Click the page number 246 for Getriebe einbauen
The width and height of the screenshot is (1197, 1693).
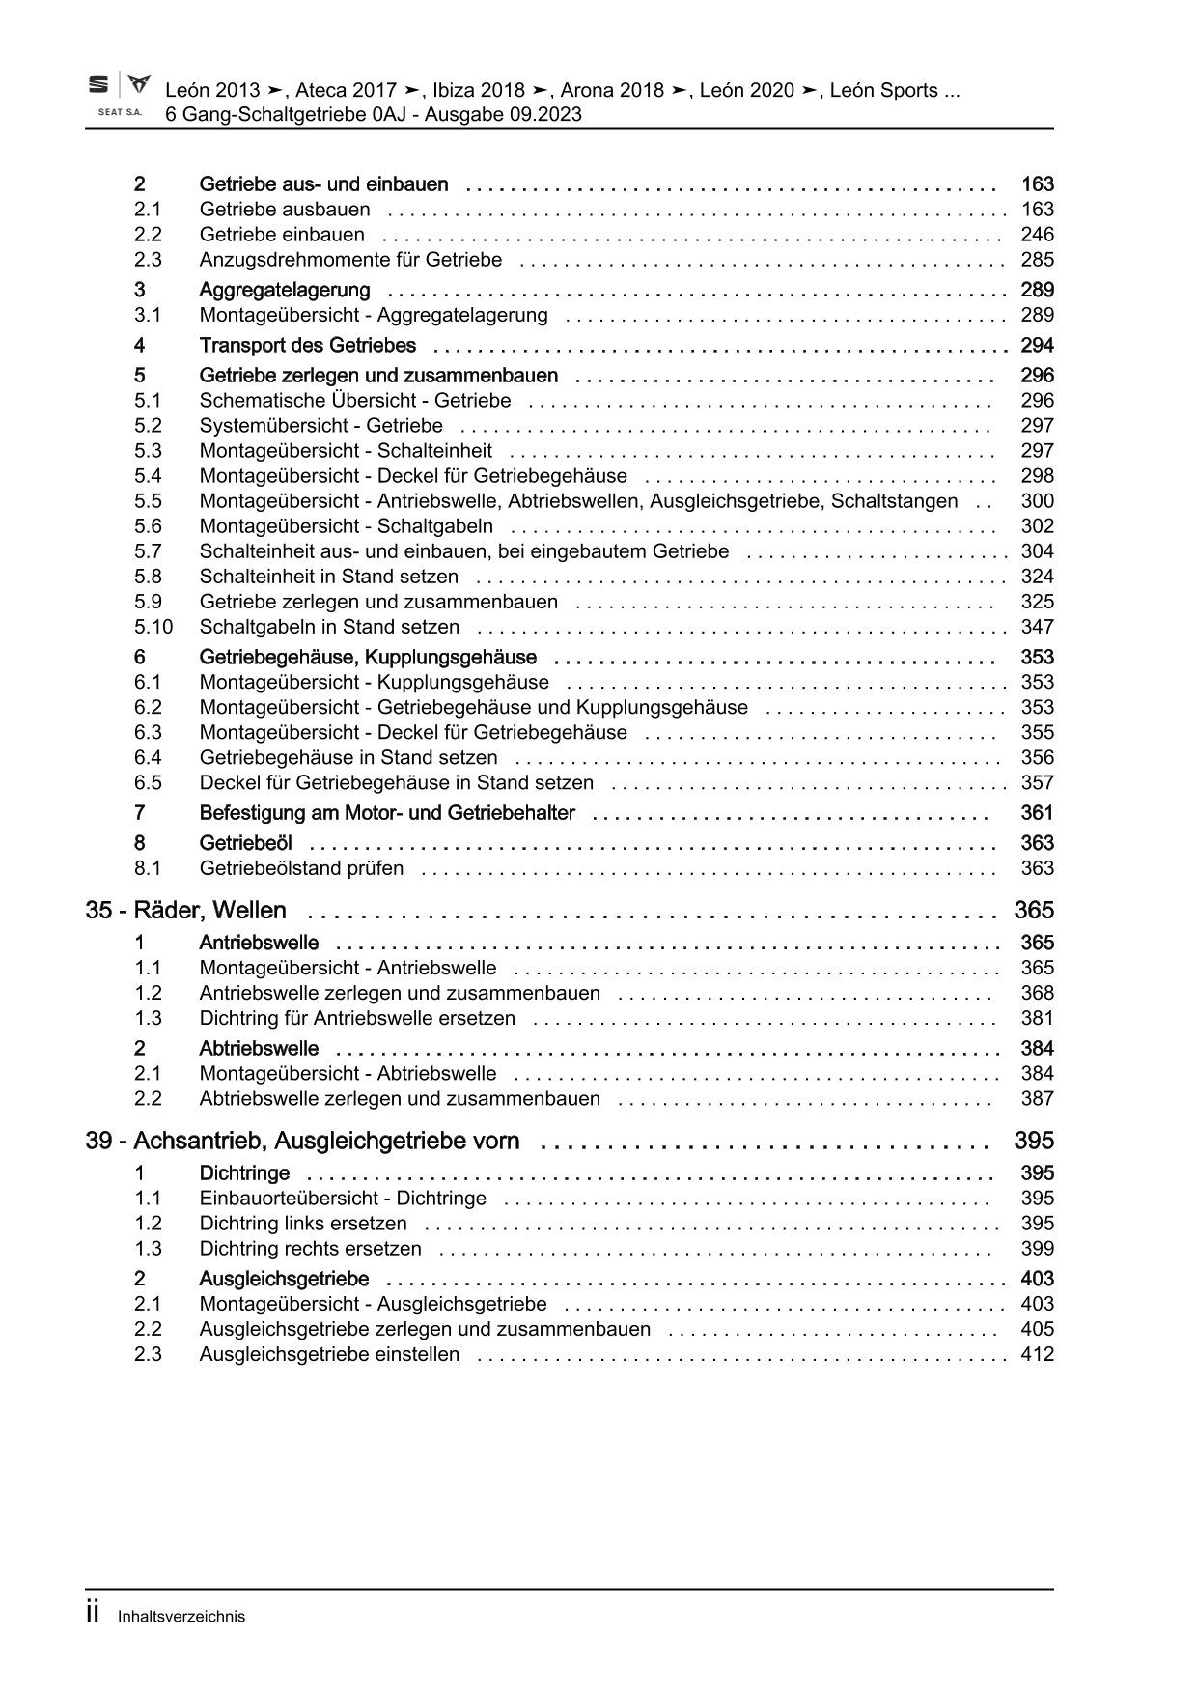(x=1037, y=235)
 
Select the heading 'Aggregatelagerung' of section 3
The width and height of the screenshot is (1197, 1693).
(x=284, y=290)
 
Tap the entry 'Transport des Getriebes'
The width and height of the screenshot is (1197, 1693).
(x=307, y=346)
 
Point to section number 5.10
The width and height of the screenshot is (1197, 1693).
(x=153, y=627)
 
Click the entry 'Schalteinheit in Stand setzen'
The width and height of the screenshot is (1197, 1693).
(x=328, y=577)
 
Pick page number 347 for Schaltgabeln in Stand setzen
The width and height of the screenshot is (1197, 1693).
(x=1037, y=627)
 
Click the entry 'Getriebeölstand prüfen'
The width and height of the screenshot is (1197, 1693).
(x=301, y=868)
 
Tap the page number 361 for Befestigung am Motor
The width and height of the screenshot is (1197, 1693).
(x=1037, y=813)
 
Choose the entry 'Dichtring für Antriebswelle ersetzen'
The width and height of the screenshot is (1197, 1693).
(x=357, y=1018)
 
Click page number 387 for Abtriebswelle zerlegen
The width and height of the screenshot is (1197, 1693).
(x=1037, y=1098)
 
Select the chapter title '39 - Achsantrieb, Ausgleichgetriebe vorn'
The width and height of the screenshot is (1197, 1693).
(x=302, y=1142)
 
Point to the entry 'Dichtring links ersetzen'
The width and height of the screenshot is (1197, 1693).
(x=303, y=1224)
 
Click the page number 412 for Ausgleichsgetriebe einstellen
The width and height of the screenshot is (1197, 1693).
(x=1037, y=1354)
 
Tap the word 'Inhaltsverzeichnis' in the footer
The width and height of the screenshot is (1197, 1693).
(x=181, y=1617)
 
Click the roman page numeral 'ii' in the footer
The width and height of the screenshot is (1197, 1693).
(x=94, y=1614)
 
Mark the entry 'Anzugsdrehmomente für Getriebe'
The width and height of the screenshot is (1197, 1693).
(x=350, y=260)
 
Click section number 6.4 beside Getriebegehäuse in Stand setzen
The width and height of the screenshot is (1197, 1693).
(x=148, y=758)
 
